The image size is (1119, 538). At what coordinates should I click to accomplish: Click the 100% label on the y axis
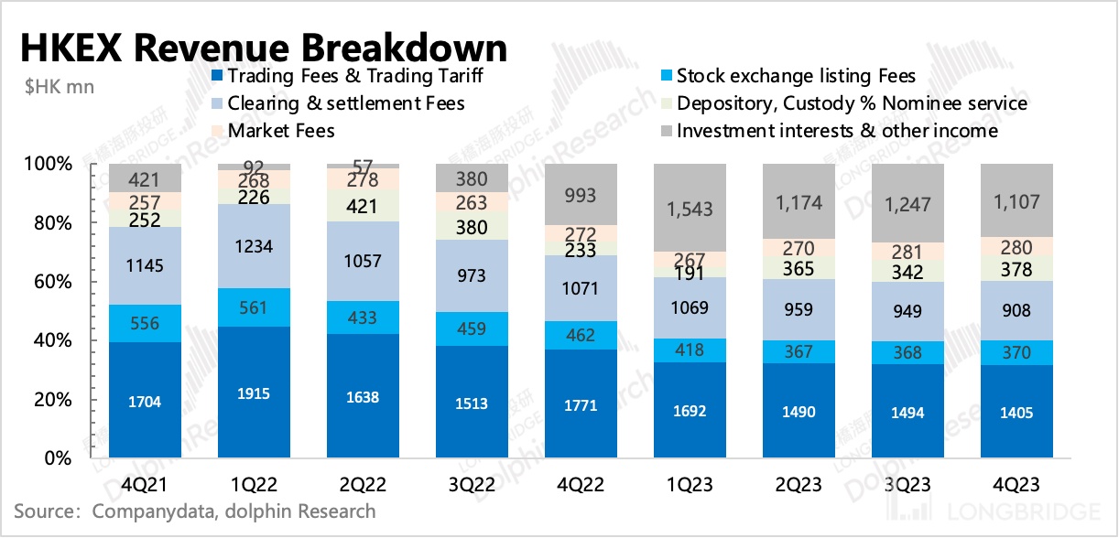(x=66, y=165)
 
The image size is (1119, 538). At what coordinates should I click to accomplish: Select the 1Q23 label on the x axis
(x=689, y=482)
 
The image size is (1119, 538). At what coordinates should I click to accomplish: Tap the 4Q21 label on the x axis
(x=145, y=482)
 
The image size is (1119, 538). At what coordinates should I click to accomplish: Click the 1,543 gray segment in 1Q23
(x=690, y=210)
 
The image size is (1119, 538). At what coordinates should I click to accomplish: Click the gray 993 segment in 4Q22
(x=581, y=195)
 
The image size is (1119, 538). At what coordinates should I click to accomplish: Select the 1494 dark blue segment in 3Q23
(x=907, y=412)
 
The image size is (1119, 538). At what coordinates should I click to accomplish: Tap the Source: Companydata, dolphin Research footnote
(x=195, y=511)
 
